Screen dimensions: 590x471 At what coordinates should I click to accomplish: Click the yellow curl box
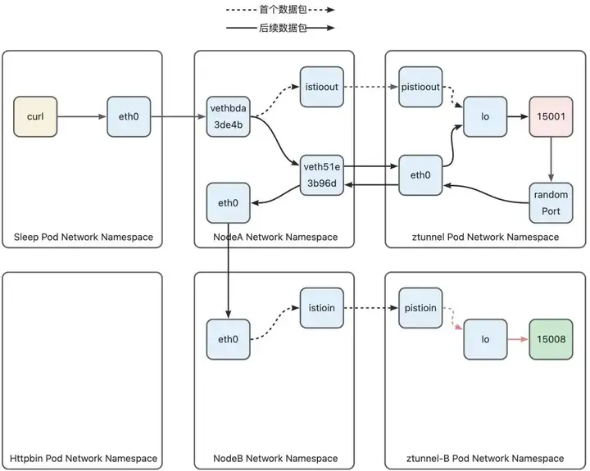click(35, 116)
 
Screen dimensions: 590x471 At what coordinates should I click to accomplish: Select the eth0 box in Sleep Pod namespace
click(129, 116)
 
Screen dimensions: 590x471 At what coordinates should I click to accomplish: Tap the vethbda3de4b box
click(228, 116)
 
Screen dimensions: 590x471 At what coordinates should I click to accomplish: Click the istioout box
click(322, 87)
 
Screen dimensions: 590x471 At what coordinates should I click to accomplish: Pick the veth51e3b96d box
click(322, 175)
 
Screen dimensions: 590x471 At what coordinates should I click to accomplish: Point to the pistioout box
click(420, 87)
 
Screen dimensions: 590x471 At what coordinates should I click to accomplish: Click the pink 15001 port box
click(551, 116)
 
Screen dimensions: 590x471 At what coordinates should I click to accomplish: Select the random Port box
click(551, 203)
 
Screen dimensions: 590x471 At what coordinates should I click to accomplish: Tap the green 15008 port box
click(551, 339)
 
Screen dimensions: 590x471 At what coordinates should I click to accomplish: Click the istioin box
click(322, 308)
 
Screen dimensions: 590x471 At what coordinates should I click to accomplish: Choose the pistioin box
click(420, 308)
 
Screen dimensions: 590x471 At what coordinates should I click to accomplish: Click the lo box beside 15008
click(485, 339)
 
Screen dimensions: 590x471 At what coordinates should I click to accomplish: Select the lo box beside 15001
click(485, 116)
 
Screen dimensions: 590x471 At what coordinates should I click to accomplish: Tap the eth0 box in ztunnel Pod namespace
click(420, 175)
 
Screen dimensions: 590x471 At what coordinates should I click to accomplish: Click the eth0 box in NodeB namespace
click(228, 339)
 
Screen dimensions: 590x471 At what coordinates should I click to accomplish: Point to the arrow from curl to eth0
click(82, 116)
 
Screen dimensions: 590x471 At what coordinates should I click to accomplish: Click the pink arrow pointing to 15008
click(518, 339)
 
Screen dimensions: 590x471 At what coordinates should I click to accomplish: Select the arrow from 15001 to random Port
click(551, 160)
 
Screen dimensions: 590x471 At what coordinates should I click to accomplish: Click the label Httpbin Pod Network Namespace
click(84, 458)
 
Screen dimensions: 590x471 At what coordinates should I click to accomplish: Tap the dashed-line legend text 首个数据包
click(283, 9)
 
